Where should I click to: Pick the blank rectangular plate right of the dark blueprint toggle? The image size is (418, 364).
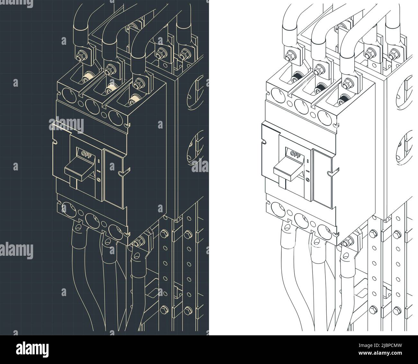click(113, 178)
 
